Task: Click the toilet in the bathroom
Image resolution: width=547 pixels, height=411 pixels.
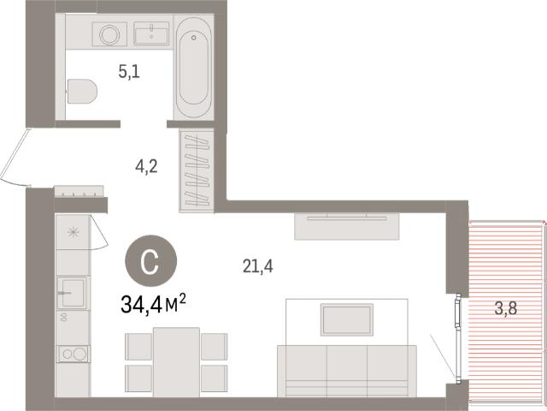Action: click(82, 92)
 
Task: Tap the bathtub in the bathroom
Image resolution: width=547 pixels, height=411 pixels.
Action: click(193, 68)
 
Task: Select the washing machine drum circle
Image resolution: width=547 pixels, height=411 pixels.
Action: click(109, 34)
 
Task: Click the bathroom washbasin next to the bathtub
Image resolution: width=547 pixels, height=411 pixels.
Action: click(151, 33)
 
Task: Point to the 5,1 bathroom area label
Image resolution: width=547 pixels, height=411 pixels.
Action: click(129, 72)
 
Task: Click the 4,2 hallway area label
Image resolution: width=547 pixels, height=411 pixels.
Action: click(146, 166)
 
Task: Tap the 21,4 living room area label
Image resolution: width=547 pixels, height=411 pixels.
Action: click(258, 266)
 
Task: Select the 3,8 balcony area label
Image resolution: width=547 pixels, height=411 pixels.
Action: click(506, 308)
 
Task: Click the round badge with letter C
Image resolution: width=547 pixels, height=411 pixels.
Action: click(151, 260)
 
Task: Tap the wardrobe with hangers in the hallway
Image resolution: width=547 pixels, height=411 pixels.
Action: click(197, 170)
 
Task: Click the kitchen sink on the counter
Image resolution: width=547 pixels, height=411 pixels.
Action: click(73, 292)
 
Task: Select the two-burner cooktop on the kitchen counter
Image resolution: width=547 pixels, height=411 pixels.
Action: click(74, 354)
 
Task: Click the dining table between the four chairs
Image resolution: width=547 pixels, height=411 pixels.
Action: click(177, 362)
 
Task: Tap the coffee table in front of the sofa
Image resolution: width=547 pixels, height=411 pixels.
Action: click(347, 319)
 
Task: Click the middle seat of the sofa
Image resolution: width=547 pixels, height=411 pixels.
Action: click(347, 371)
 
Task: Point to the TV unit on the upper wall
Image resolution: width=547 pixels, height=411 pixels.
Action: click(347, 226)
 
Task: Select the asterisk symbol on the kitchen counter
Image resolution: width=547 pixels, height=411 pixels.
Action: click(74, 232)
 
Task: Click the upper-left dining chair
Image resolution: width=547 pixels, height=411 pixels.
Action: click(138, 346)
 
